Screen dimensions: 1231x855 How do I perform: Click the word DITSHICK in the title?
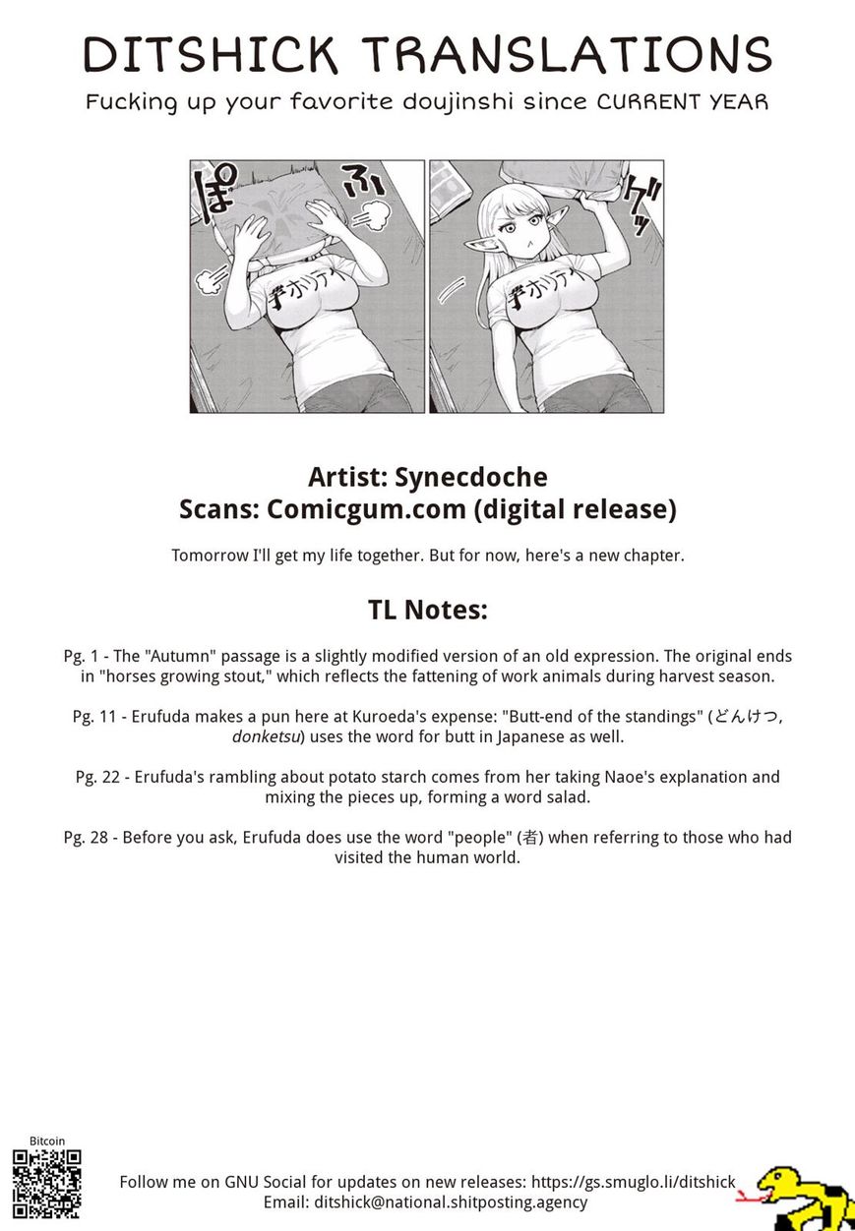coord(212,55)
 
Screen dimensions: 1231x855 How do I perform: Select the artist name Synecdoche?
coord(470,477)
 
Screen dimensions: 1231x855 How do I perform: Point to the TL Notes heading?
coord(428,610)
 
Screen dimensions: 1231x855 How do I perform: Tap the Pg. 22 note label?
coord(96,777)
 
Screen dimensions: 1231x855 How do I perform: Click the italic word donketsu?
coord(267,735)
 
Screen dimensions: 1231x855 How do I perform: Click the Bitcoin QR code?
coord(46,1185)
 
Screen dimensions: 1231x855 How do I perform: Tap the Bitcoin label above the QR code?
coord(47,1142)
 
